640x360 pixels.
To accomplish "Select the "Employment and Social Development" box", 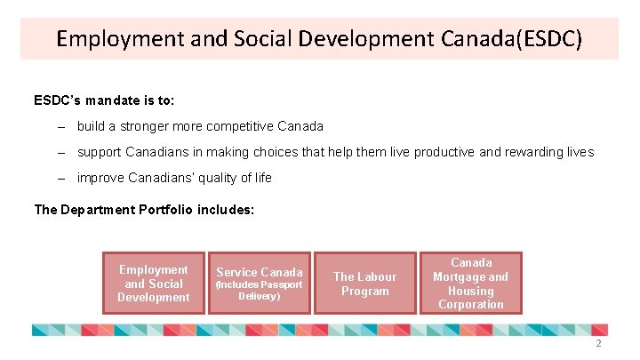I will coord(154,283).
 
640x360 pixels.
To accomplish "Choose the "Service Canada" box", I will coord(260,283).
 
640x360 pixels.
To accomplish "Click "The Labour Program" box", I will coord(364,283).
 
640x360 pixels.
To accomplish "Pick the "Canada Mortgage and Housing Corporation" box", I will coord(470,283).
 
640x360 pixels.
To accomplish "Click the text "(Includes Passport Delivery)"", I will coord(260,290).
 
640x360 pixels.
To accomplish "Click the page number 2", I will coord(598,343).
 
